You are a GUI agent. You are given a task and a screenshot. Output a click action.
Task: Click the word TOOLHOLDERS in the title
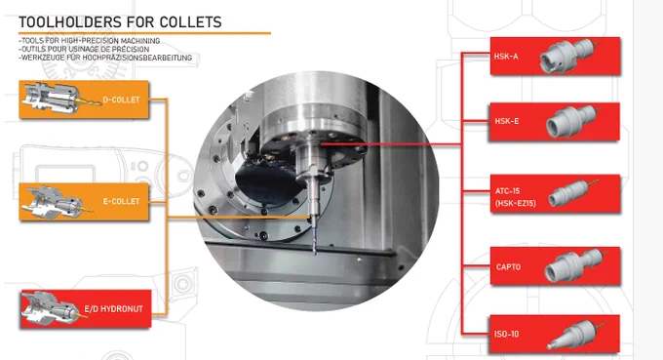pyautogui.click(x=72, y=22)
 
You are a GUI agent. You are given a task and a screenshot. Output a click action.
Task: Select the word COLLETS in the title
pyautogui.click(x=191, y=22)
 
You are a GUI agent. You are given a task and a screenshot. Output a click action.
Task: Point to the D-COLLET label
pyautogui.click(x=121, y=100)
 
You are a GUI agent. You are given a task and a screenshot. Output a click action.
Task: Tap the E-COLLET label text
pyautogui.click(x=121, y=201)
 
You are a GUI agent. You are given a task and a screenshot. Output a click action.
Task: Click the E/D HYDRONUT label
pyautogui.click(x=113, y=309)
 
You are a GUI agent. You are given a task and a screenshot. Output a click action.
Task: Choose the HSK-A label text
pyautogui.click(x=506, y=57)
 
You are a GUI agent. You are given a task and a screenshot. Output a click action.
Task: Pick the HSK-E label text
pyautogui.click(x=507, y=121)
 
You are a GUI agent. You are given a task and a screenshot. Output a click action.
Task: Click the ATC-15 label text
pyautogui.click(x=507, y=191)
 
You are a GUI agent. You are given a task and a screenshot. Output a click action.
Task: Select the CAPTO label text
pyautogui.click(x=508, y=267)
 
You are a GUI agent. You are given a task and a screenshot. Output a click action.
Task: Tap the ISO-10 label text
pyautogui.click(x=506, y=335)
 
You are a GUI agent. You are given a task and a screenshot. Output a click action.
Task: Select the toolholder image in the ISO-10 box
pyautogui.click(x=576, y=335)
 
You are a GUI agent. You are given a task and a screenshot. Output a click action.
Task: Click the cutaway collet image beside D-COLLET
pyautogui.click(x=61, y=99)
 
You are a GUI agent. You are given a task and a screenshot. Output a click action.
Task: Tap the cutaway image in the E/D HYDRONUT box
pyautogui.click(x=55, y=309)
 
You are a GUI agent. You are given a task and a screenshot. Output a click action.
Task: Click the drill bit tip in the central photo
pyautogui.click(x=314, y=254)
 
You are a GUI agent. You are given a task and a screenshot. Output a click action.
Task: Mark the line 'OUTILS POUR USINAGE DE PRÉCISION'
pyautogui.click(x=84, y=49)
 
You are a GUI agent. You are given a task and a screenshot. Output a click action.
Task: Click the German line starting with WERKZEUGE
pyautogui.click(x=105, y=58)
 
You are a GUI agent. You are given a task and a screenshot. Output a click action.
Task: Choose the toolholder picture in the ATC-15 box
pyautogui.click(x=573, y=193)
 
